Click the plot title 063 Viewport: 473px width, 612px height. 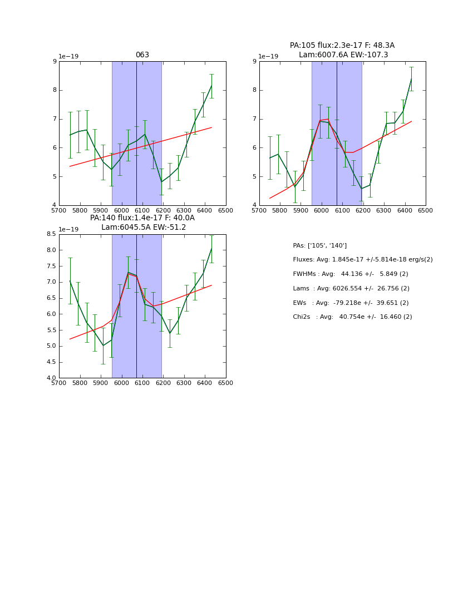pyautogui.click(x=142, y=55)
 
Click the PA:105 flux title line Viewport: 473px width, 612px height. pyautogui.click(x=342, y=46)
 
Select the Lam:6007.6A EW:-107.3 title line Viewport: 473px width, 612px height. pyautogui.click(x=343, y=55)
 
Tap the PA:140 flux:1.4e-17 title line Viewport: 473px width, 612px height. pyautogui.click(x=142, y=218)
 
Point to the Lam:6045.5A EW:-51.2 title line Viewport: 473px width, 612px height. pyautogui.click(x=144, y=228)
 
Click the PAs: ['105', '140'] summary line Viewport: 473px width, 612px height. pyautogui.click(x=319, y=245)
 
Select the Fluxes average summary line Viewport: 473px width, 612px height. pyautogui.click(x=362, y=260)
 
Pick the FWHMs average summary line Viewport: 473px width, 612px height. pyautogui.click(x=350, y=274)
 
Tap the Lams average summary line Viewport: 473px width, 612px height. pyautogui.click(x=350, y=289)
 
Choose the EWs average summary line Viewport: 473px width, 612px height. pyautogui.click(x=350, y=303)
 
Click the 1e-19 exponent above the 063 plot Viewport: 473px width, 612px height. pyautogui.click(x=68, y=57)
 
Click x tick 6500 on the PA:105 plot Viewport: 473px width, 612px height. pyautogui.click(x=426, y=211)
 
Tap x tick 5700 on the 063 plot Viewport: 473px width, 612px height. pyautogui.click(x=59, y=211)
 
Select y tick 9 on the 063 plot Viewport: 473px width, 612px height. pyautogui.click(x=55, y=61)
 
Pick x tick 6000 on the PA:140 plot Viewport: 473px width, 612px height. pyautogui.click(x=121, y=383)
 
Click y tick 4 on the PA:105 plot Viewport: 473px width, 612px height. pyautogui.click(x=254, y=205)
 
